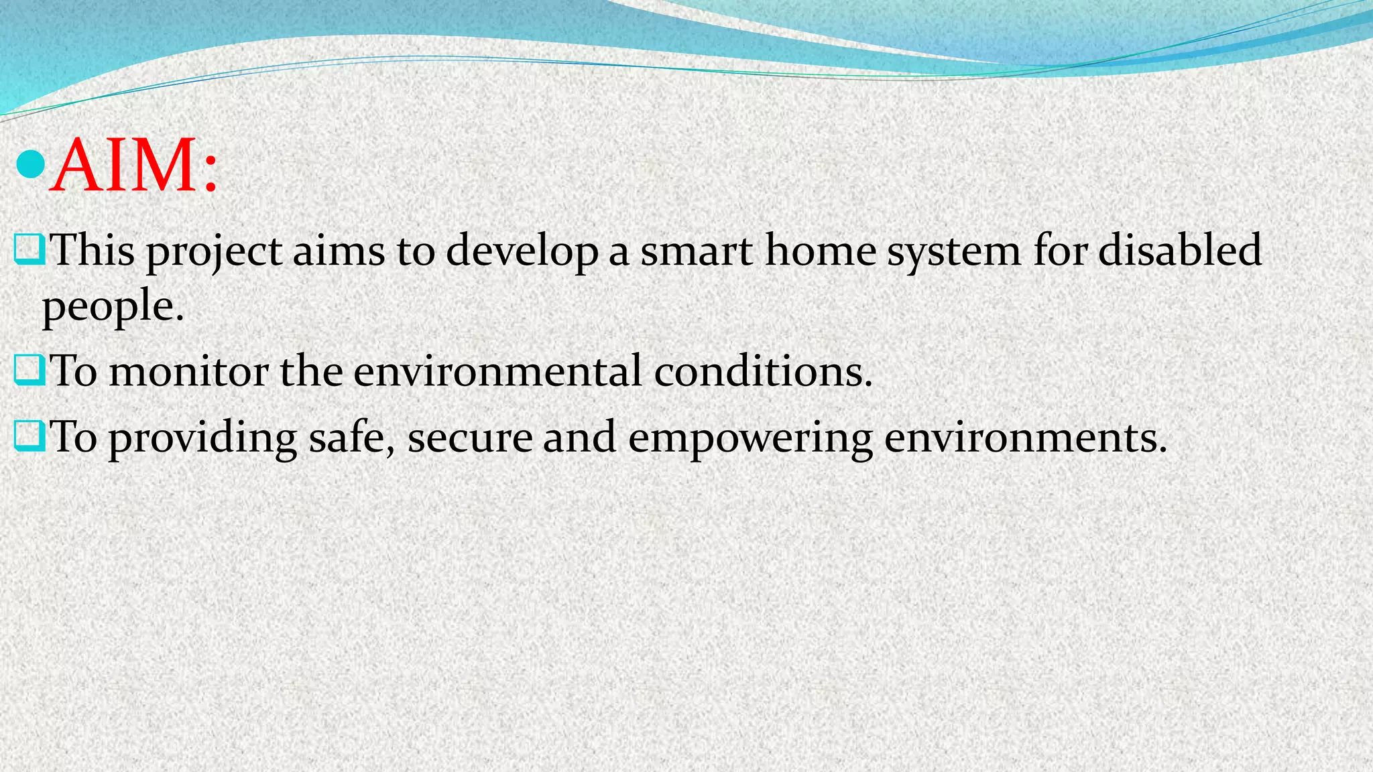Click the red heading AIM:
click(x=134, y=166)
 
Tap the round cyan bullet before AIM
click(x=29, y=165)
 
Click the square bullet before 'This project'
click(x=28, y=249)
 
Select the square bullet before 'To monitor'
click(x=28, y=370)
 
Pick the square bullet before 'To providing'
click(x=28, y=436)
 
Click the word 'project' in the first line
click(x=214, y=252)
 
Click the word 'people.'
click(x=113, y=308)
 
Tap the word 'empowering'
click(x=750, y=439)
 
